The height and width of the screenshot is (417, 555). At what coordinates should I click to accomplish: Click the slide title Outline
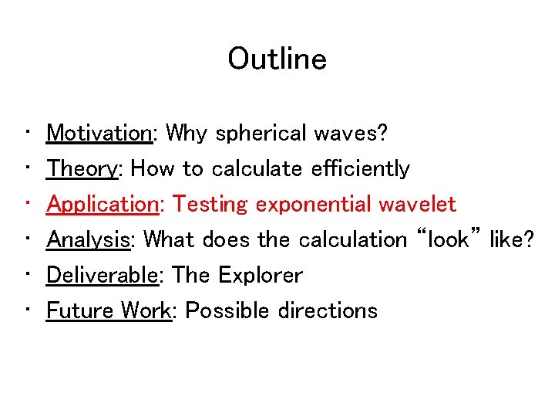tap(277, 59)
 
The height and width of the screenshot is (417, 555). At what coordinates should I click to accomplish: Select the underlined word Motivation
tap(99, 134)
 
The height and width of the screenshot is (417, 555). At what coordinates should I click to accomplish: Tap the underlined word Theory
tap(81, 168)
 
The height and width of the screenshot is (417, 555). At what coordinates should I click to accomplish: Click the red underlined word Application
tap(102, 205)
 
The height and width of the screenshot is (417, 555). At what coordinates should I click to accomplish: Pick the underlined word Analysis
tap(88, 239)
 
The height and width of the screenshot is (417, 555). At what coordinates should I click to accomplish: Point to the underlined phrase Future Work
tap(109, 310)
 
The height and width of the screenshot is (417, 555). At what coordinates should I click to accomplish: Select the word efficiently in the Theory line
tap(361, 168)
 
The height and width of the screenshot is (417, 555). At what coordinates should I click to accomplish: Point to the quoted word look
tap(448, 239)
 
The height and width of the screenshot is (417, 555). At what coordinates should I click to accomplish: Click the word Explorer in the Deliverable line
tap(261, 275)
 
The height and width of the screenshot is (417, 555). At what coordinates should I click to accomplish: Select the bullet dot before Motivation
tap(27, 134)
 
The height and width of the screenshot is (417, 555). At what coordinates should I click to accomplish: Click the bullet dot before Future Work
tap(27, 310)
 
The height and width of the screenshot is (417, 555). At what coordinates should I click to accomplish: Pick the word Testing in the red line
tap(210, 205)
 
